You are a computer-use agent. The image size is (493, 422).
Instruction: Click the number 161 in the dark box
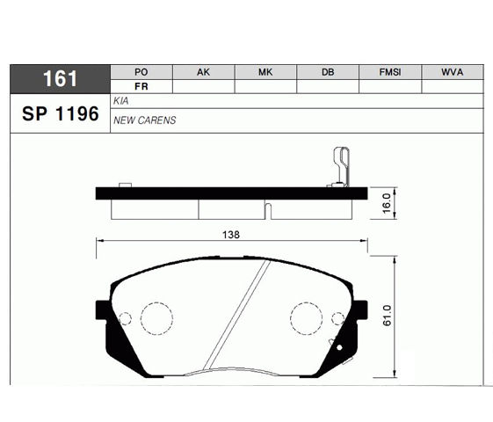click(x=60, y=78)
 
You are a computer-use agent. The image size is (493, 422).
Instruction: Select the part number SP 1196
click(x=61, y=113)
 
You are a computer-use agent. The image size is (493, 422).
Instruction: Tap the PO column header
click(x=141, y=72)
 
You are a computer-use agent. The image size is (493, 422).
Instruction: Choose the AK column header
click(x=203, y=72)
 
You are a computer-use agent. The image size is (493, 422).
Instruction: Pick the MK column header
click(x=265, y=72)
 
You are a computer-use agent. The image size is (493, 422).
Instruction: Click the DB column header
click(x=328, y=72)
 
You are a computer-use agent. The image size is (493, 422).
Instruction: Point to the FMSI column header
click(x=390, y=72)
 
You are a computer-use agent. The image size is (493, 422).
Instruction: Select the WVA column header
click(x=452, y=72)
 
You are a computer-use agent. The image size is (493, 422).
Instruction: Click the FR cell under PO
click(x=141, y=86)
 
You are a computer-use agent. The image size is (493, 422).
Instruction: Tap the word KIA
click(x=120, y=101)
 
